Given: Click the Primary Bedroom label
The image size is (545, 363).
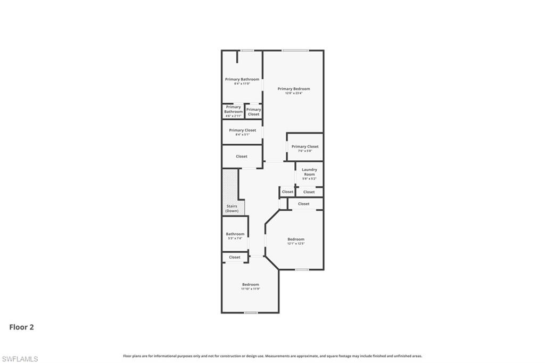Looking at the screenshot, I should point(293,89).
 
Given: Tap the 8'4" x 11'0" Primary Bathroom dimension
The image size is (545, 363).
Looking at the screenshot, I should point(242,84).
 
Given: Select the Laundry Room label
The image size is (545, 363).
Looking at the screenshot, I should point(309,172).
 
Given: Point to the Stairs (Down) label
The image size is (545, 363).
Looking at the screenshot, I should point(232,209).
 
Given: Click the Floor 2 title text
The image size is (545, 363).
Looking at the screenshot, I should point(21,327).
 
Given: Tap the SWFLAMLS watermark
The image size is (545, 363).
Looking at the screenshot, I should point(20,359).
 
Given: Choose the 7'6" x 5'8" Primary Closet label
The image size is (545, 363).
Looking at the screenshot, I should point(305,146).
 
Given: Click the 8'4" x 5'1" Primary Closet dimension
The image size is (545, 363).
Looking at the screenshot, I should point(242,135).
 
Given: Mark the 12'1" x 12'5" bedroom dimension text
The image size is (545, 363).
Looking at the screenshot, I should point(296,244).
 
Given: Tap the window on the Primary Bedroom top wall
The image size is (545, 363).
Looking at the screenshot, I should point(295,51).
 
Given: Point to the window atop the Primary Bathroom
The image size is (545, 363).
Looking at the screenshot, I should point(246,51).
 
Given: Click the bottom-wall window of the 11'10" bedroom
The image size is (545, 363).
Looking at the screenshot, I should point(250,312).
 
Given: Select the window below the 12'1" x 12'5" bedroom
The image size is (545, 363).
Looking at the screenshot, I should point(302,269).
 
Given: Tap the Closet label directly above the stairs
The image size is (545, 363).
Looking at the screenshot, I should point(242,156).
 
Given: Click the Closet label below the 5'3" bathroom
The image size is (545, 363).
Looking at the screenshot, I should point(235,257).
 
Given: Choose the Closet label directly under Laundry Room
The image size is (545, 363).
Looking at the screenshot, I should point(309,192).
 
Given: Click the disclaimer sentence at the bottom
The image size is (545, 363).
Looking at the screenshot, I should point(272,356).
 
